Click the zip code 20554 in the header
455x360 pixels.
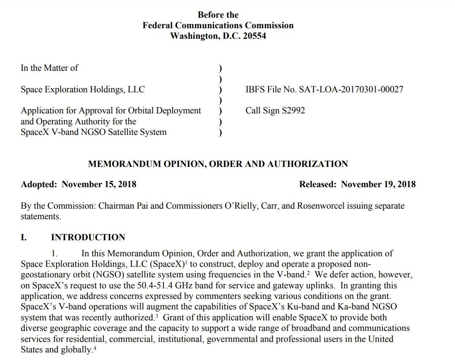coord(254,36)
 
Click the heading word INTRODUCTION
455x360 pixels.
coord(88,237)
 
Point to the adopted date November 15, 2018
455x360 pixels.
coord(99,184)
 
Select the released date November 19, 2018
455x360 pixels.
coord(378,184)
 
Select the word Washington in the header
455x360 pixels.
coord(193,36)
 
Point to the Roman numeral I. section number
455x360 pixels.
coord(24,237)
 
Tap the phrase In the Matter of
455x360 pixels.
coord(49,67)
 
